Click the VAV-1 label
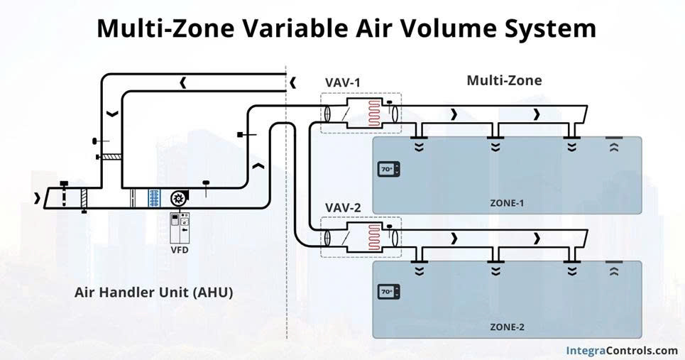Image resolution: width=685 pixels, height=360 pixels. pos(343,82)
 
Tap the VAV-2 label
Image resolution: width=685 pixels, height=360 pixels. pos(343,208)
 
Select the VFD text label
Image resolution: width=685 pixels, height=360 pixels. pos(180,250)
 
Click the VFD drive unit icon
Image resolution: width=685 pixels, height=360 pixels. pos(180,228)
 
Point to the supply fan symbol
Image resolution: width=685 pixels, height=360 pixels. pos(178,198)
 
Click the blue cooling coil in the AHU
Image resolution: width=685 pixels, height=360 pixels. pos(154,198)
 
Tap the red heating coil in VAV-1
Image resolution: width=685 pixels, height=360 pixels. pos(374,113)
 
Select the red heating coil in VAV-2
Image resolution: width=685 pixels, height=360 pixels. pos(374,238)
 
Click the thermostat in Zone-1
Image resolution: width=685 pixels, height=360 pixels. pos(388,169)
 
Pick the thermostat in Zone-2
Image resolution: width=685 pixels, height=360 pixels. pos(388,292)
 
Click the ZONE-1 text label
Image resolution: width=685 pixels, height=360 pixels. pos(507,203)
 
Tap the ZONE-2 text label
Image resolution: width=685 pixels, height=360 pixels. pos(507,327)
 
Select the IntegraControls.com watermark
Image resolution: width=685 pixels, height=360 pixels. pos(622,350)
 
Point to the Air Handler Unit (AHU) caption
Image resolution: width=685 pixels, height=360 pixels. pos(153,292)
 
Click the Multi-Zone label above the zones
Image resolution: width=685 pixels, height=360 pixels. pos(504,80)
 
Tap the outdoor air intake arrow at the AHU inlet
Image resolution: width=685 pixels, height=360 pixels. pos(37,198)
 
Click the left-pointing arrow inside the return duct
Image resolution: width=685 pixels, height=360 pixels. pos(183,82)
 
